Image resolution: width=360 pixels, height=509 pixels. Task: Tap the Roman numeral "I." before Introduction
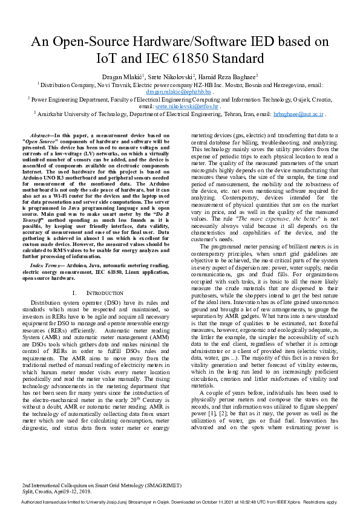point(75,292)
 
